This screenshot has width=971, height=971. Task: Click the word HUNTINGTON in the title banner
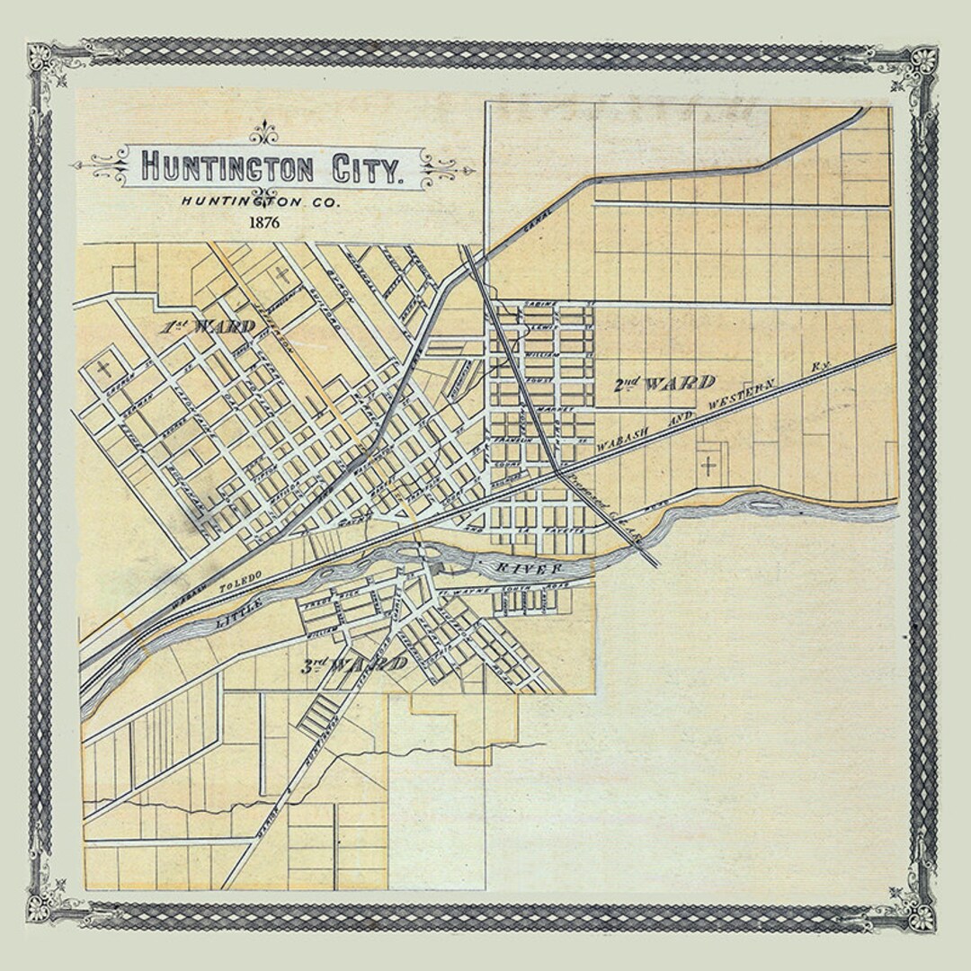pos(227,168)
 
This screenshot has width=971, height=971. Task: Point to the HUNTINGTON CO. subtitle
pos(254,203)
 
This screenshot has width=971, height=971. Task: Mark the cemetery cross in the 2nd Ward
pos(708,465)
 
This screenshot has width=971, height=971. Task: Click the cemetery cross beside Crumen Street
pos(105,367)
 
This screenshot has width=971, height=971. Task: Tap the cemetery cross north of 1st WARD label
pos(282,273)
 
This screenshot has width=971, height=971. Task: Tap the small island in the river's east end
pos(765,505)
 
